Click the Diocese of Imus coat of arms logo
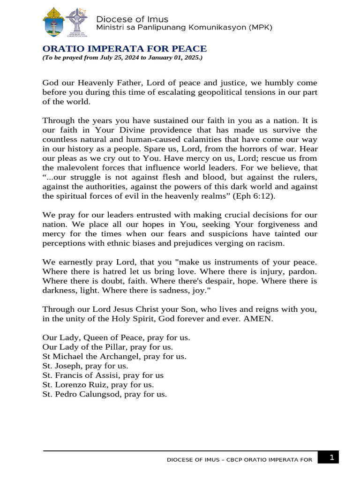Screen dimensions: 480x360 (53, 23)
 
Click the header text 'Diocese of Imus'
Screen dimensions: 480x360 (132, 19)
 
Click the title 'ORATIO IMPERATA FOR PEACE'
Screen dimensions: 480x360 (124, 49)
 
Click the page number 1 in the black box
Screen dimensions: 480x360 (331, 457)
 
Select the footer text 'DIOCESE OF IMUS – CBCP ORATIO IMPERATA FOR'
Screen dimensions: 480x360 (240, 460)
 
